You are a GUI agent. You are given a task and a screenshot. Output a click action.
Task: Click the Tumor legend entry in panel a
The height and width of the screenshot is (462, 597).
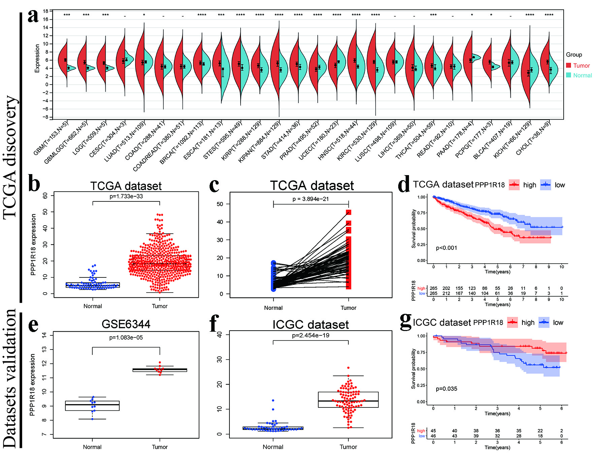(581, 66)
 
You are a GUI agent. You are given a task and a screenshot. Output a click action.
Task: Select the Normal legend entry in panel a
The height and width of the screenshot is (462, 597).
(582, 75)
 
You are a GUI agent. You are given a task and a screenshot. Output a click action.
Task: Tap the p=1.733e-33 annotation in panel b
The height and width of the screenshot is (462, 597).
(126, 196)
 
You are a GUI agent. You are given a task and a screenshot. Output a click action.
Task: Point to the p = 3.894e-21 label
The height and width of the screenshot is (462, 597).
(310, 199)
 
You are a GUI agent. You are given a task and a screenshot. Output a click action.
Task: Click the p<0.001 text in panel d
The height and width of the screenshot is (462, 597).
(446, 248)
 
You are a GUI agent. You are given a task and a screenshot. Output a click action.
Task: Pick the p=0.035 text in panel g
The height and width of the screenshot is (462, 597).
(446, 389)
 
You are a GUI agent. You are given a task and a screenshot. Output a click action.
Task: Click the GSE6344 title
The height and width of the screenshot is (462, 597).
(126, 324)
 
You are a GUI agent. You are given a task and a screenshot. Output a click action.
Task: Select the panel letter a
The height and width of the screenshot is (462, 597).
(33, 16)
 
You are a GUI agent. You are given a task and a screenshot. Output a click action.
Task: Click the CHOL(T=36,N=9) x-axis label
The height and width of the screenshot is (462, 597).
(533, 138)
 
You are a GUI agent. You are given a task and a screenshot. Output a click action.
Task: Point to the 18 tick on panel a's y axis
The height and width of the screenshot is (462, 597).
(45, 11)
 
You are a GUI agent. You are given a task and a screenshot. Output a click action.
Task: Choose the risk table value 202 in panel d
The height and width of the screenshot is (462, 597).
(446, 288)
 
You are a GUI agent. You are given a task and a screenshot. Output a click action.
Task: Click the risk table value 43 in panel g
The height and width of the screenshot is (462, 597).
(454, 436)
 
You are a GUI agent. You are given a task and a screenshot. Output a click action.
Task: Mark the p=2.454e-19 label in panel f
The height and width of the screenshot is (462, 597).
(310, 335)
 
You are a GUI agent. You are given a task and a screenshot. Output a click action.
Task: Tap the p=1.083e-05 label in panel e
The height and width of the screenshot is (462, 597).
(126, 337)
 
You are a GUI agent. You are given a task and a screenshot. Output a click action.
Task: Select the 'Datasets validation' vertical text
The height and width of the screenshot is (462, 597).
(10, 379)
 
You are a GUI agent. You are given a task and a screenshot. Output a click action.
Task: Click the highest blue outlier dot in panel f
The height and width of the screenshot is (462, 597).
(273, 400)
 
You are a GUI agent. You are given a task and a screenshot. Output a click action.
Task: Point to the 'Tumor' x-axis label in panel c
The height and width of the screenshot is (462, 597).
(348, 308)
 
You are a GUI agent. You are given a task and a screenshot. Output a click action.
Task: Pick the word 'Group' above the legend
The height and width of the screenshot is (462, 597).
(574, 55)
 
